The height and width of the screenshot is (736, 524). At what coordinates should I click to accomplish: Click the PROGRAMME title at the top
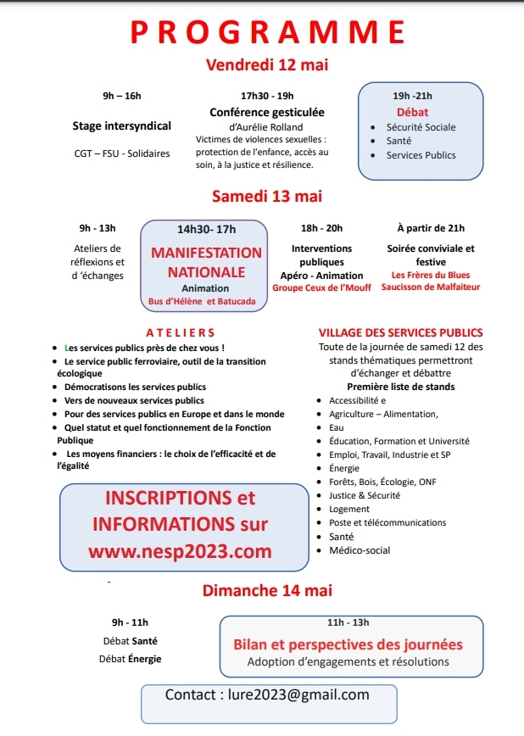tap(267, 31)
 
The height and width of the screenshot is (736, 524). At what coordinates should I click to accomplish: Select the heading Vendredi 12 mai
tap(267, 65)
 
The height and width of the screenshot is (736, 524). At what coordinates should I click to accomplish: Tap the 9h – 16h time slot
tap(122, 96)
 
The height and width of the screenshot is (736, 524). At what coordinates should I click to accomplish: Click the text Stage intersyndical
tap(122, 126)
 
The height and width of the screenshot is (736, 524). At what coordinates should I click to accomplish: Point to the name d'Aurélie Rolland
tap(266, 127)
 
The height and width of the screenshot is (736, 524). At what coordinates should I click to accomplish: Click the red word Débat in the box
tap(413, 112)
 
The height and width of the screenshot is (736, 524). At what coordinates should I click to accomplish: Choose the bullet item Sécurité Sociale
tap(421, 127)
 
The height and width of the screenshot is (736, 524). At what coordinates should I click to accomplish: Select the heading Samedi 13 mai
tap(267, 197)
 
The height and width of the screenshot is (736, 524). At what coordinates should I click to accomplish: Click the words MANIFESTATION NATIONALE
tap(206, 263)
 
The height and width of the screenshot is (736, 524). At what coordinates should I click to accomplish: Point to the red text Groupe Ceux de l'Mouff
tap(322, 288)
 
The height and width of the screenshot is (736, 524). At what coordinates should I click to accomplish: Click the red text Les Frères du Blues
tap(431, 276)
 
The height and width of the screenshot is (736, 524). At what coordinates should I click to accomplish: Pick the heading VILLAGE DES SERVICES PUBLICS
tap(400, 332)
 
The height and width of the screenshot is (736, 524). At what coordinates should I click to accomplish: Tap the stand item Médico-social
tap(360, 550)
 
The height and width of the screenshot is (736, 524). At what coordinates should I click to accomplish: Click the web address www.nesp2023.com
tap(180, 552)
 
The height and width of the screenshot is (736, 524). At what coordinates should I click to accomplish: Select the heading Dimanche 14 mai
tap(267, 590)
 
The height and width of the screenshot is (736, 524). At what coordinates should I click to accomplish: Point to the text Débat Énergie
tap(130, 659)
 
